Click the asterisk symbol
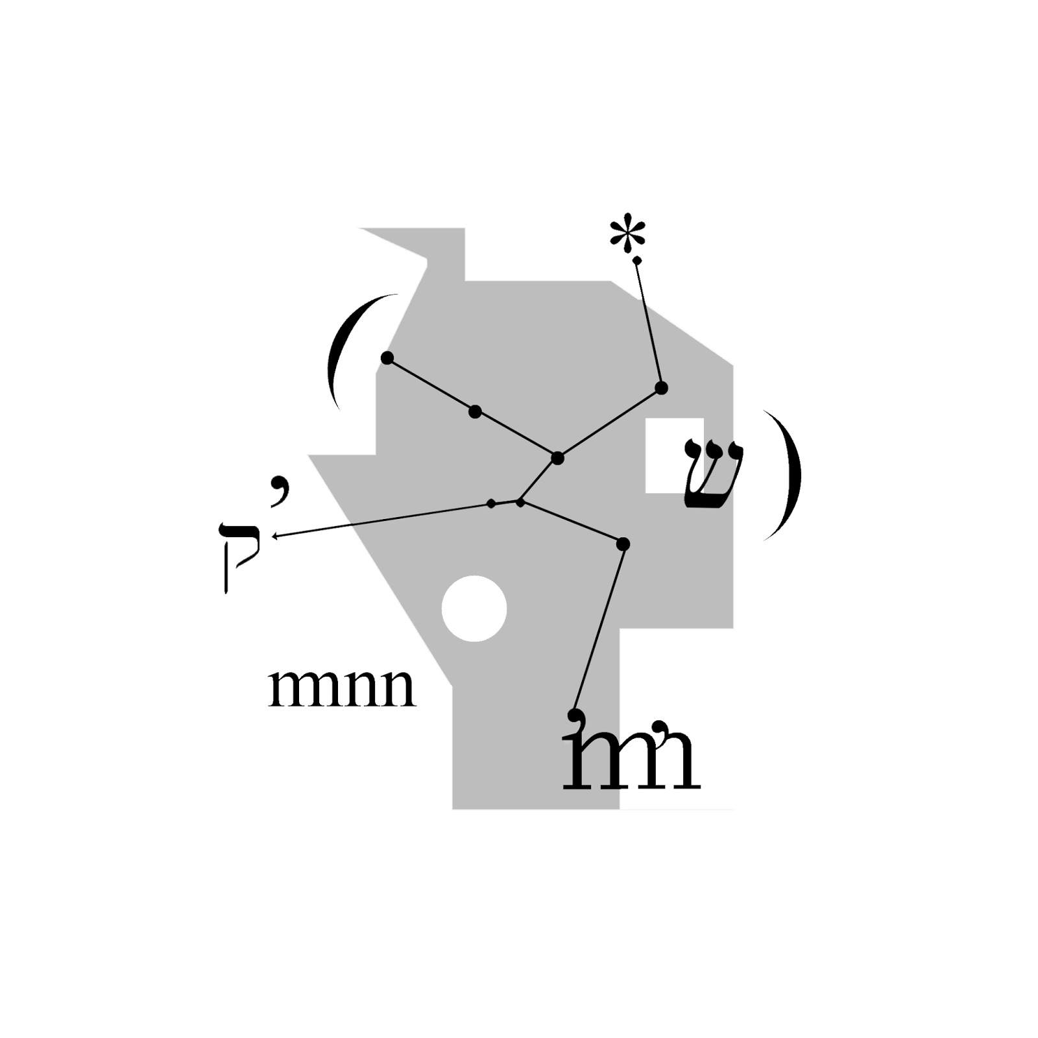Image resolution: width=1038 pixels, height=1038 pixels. coord(628,236)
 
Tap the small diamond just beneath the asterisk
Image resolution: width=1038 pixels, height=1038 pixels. coord(637,260)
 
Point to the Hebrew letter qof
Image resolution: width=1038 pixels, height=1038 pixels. coord(239,557)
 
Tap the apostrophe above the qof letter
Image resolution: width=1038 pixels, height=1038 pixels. coord(279,487)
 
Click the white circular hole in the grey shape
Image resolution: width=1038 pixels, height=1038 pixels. coord(474,609)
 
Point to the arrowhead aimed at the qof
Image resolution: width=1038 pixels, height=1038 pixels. coord(276,537)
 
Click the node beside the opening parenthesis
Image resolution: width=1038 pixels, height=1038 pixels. coord(387,358)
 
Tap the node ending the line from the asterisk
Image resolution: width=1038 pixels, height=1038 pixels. coord(661,388)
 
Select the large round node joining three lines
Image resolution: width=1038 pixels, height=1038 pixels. coord(557,459)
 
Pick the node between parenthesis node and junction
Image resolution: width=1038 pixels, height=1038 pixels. coord(475,411)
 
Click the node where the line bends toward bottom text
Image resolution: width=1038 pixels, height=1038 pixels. coord(623,544)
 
